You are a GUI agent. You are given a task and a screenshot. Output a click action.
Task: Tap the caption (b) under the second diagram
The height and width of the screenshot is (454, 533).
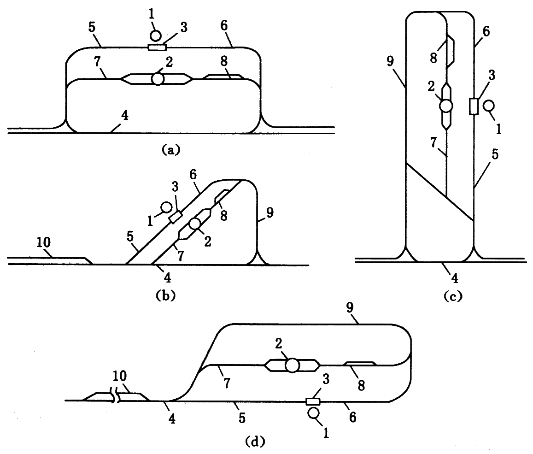pyautogui.click(x=164, y=295)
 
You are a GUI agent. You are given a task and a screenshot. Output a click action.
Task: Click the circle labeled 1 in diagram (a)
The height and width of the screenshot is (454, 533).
pyautogui.click(x=156, y=35)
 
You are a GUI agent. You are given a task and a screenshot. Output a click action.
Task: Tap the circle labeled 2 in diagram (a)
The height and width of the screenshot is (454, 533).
pyautogui.click(x=158, y=79)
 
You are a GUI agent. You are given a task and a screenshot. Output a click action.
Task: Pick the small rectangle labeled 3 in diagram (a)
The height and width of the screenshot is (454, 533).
pyautogui.click(x=157, y=47)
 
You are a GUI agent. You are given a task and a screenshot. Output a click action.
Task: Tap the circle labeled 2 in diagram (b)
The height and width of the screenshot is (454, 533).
pyautogui.click(x=194, y=224)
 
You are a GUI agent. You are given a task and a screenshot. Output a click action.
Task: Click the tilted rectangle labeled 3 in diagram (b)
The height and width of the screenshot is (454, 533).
pyautogui.click(x=175, y=216)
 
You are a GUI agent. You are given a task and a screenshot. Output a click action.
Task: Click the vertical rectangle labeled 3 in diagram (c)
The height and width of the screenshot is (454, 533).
pyautogui.click(x=473, y=106)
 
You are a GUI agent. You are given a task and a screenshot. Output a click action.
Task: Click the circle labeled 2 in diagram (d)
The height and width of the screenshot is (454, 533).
pyautogui.click(x=291, y=366)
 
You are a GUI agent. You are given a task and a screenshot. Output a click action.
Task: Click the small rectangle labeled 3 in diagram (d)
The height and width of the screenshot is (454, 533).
pyautogui.click(x=313, y=401)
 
